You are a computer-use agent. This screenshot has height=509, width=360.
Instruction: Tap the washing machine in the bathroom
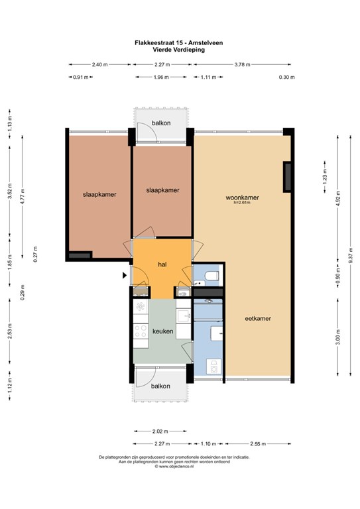click(213, 365)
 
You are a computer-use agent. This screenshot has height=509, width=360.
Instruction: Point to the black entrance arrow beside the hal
click(125, 275)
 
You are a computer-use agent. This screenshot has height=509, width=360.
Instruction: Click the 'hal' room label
click(161, 264)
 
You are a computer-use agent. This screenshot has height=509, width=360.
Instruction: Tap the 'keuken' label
click(162, 331)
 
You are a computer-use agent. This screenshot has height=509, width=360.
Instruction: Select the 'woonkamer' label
click(241, 198)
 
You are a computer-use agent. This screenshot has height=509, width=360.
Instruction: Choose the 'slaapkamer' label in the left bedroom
click(99, 195)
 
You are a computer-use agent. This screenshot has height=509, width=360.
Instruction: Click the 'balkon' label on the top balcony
click(161, 123)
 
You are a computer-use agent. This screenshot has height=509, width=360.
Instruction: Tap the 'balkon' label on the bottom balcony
click(160, 386)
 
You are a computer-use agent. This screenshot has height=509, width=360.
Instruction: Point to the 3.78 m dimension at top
click(243, 65)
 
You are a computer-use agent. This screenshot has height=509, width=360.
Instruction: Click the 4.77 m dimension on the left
click(23, 198)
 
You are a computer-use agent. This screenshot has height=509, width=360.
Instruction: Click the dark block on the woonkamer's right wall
click(287, 176)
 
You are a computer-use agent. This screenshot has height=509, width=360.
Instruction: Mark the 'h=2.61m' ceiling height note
click(243, 203)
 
